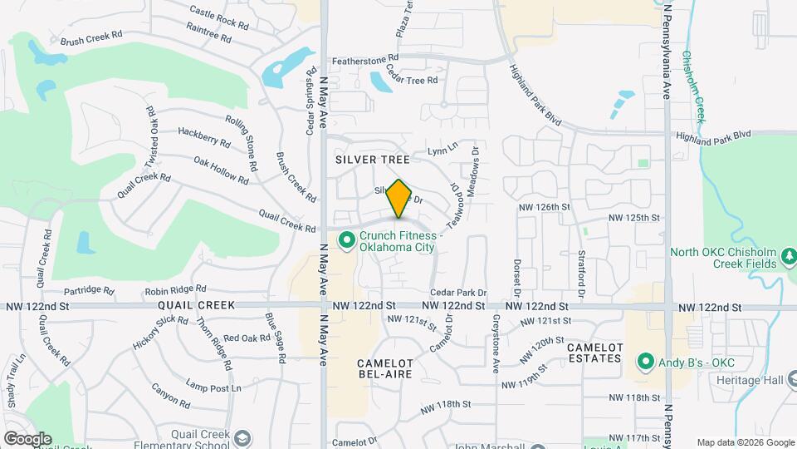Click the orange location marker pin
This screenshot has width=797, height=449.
coord(399,198)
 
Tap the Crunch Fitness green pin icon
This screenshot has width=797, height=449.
coord(346,241)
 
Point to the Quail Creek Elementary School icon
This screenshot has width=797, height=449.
coord(241,438)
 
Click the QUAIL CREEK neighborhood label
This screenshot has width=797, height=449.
coord(192,305)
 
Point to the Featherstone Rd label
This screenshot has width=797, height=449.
coord(365,61)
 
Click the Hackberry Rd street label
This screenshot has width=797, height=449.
coord(203,137)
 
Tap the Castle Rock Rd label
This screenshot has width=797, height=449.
coord(219,17)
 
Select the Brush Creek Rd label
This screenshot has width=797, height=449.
coord(91,38)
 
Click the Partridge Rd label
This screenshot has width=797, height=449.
coord(88,291)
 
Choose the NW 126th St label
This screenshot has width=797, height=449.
coord(545,206)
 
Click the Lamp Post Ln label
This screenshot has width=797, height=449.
coord(213,387)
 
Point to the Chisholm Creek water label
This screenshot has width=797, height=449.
coord(693,87)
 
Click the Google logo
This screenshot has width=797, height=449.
coord(27,438)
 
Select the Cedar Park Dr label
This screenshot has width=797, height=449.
coord(458,293)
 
